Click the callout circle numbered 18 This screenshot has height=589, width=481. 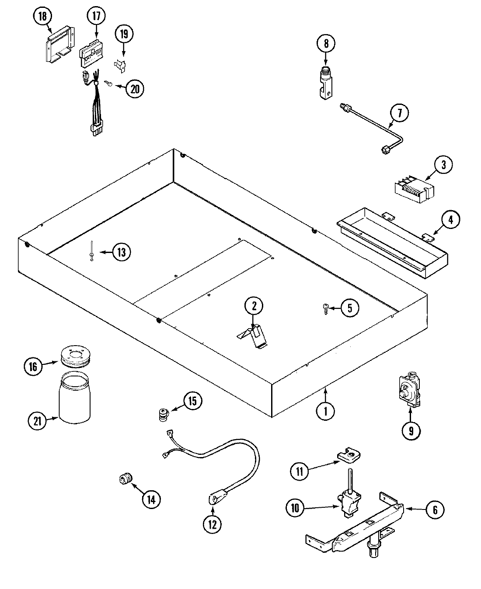click(x=42, y=17)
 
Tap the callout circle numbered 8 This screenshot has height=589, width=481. click(x=325, y=44)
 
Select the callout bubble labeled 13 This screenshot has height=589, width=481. click(x=121, y=253)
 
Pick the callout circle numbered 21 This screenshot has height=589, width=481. click(x=37, y=421)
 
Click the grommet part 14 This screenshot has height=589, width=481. click(x=126, y=480)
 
